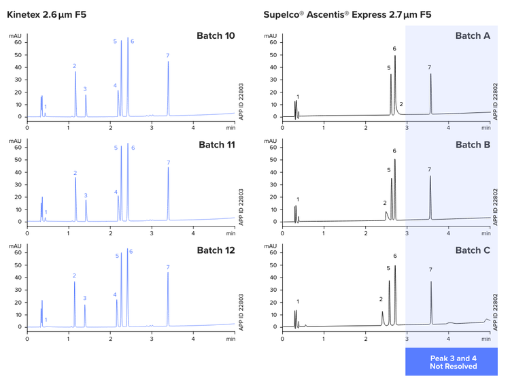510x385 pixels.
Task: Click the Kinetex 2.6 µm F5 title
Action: coord(46,15)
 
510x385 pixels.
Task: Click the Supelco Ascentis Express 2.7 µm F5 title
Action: coord(347,15)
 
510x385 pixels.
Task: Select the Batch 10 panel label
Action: coord(216,35)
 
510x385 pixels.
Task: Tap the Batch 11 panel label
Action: coord(217,144)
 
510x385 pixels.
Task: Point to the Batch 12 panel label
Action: coord(216,250)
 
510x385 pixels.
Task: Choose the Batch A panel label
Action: coord(473,35)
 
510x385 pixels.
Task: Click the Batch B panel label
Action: coord(473,144)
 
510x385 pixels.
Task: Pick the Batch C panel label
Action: coord(473,250)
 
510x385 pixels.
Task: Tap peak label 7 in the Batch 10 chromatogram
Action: coord(168,56)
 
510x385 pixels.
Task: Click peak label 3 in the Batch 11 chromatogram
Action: coord(86,196)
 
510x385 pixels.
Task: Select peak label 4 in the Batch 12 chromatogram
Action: coord(115,295)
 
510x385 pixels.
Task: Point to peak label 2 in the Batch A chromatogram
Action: coord(401,104)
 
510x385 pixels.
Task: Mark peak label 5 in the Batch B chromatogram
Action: coord(389,170)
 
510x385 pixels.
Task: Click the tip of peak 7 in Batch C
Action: coord(431,282)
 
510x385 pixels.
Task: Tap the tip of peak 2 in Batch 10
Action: coord(75,71)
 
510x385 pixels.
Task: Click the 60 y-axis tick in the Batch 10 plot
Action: coord(18,42)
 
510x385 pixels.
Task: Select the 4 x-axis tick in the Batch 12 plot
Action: coord(193,339)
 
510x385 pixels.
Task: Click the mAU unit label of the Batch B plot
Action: coord(270,141)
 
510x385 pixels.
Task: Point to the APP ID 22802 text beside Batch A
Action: coord(495,101)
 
